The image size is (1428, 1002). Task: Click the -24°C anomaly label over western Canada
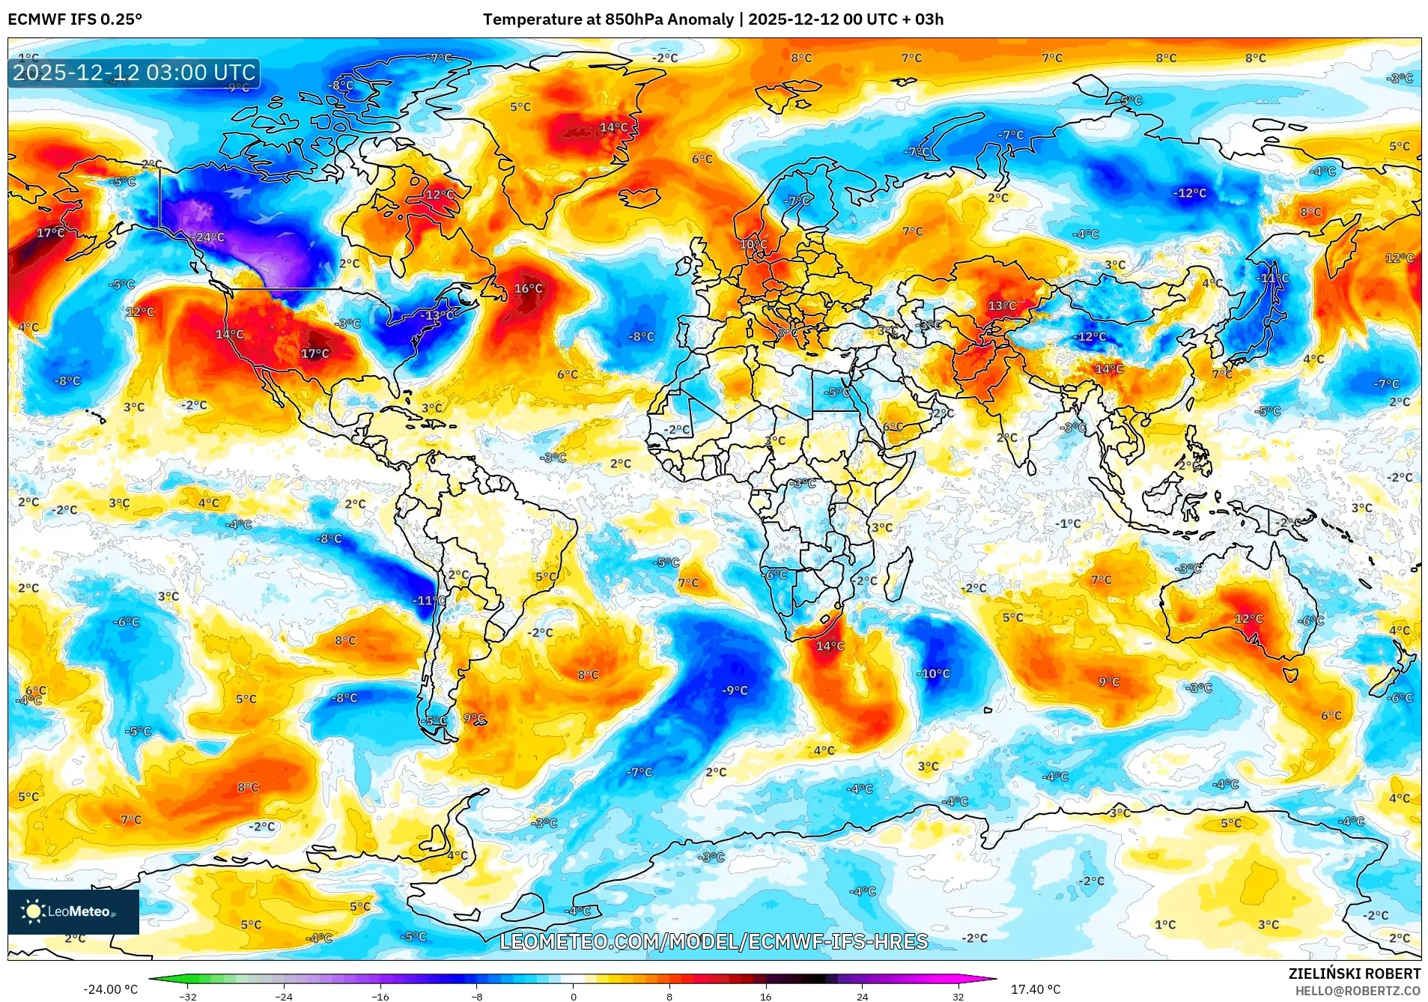coord(209,237)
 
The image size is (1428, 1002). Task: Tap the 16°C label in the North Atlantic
coord(528,288)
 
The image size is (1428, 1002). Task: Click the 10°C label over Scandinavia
coord(753,244)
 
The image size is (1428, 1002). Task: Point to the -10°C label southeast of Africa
coord(933,673)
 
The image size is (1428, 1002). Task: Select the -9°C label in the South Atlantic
coord(734,690)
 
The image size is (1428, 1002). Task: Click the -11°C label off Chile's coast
coord(429,600)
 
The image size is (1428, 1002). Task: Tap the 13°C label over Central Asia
coord(1001,306)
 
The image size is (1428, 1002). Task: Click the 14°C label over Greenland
coord(613,127)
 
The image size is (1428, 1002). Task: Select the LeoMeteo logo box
coord(73,911)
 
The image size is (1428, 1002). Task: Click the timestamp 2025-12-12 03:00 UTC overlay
coord(135,73)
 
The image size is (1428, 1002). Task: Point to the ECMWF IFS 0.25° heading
coord(75,19)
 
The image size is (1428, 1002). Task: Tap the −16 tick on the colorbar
coord(380,997)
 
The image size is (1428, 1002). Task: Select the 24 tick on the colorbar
coord(863,997)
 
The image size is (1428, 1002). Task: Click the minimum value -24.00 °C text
coord(111,989)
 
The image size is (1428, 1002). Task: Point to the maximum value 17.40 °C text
coord(1036,989)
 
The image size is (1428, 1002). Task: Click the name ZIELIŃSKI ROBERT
coord(1354,974)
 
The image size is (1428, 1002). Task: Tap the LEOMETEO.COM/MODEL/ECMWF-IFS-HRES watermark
coord(714,941)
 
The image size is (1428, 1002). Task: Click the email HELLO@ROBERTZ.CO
coord(1358,991)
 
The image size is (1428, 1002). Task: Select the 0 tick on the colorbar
coord(574,997)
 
